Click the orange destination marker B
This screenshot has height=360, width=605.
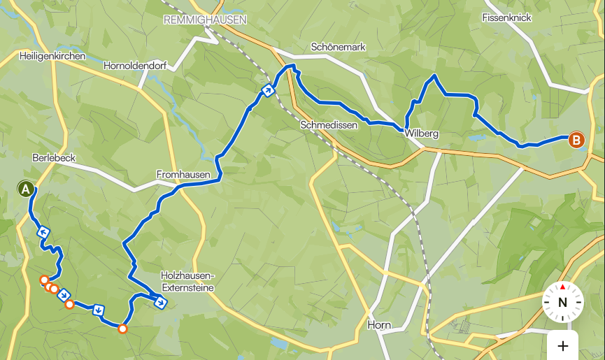coord(576,141)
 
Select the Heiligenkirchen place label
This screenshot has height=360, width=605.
coord(52,56)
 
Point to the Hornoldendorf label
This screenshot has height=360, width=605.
coord(134,66)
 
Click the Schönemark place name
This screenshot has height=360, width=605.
coord(339,47)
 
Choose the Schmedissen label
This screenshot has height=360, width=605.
coord(329,125)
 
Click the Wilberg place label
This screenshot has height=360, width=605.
coord(421,133)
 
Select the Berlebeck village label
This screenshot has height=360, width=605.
coord(53,157)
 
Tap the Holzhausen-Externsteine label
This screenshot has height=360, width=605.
coord(187,281)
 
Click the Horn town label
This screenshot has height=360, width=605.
coord(378,325)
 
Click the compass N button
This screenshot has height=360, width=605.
coord(562,302)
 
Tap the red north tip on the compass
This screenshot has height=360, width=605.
coord(562,287)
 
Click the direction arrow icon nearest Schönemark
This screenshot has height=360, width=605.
coord(267,89)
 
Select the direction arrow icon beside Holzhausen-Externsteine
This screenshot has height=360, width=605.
coord(161,303)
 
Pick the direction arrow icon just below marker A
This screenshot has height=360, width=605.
coord(43,232)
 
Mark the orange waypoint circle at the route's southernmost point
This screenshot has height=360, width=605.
coord(122,329)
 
